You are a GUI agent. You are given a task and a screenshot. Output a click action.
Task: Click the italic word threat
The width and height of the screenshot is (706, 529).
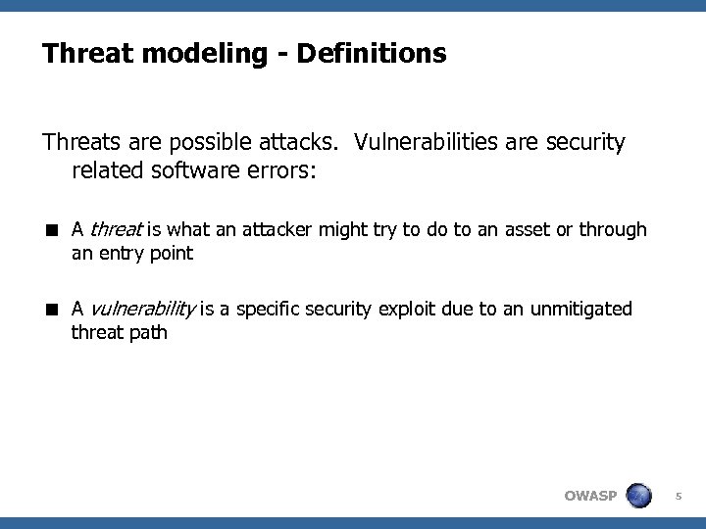click(x=116, y=230)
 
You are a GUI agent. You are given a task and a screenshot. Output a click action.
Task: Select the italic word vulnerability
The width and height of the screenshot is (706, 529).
click(x=144, y=310)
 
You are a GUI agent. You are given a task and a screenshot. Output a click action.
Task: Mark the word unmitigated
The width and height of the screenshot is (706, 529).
click(x=580, y=310)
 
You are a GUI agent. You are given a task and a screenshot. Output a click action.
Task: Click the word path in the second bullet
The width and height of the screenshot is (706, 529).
click(x=147, y=333)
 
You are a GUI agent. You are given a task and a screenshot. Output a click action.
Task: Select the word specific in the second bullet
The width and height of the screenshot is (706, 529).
click(x=265, y=310)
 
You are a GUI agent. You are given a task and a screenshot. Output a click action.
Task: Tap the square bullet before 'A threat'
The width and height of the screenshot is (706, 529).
click(x=48, y=231)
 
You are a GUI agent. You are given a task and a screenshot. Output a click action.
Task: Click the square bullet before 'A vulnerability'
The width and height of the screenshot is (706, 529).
click(x=48, y=311)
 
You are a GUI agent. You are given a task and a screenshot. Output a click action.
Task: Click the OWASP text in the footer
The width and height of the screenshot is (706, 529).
click(x=590, y=495)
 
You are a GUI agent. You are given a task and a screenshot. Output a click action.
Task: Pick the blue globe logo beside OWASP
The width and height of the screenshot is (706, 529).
click(x=639, y=494)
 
